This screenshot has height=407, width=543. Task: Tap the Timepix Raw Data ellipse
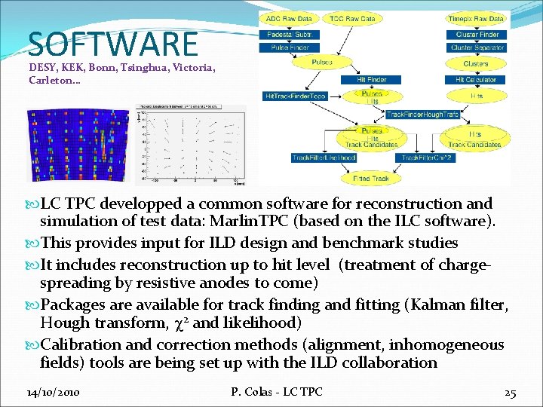476,19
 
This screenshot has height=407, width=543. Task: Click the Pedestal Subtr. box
284,35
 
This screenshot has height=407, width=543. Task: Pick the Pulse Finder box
284,47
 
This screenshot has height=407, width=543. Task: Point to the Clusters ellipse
476,64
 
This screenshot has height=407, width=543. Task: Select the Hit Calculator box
476,80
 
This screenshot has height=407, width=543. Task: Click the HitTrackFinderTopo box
294,96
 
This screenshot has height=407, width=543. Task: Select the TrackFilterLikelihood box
324,158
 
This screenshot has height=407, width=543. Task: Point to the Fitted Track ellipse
371,178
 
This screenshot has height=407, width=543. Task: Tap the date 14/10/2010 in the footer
54,393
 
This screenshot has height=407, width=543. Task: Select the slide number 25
510,393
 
